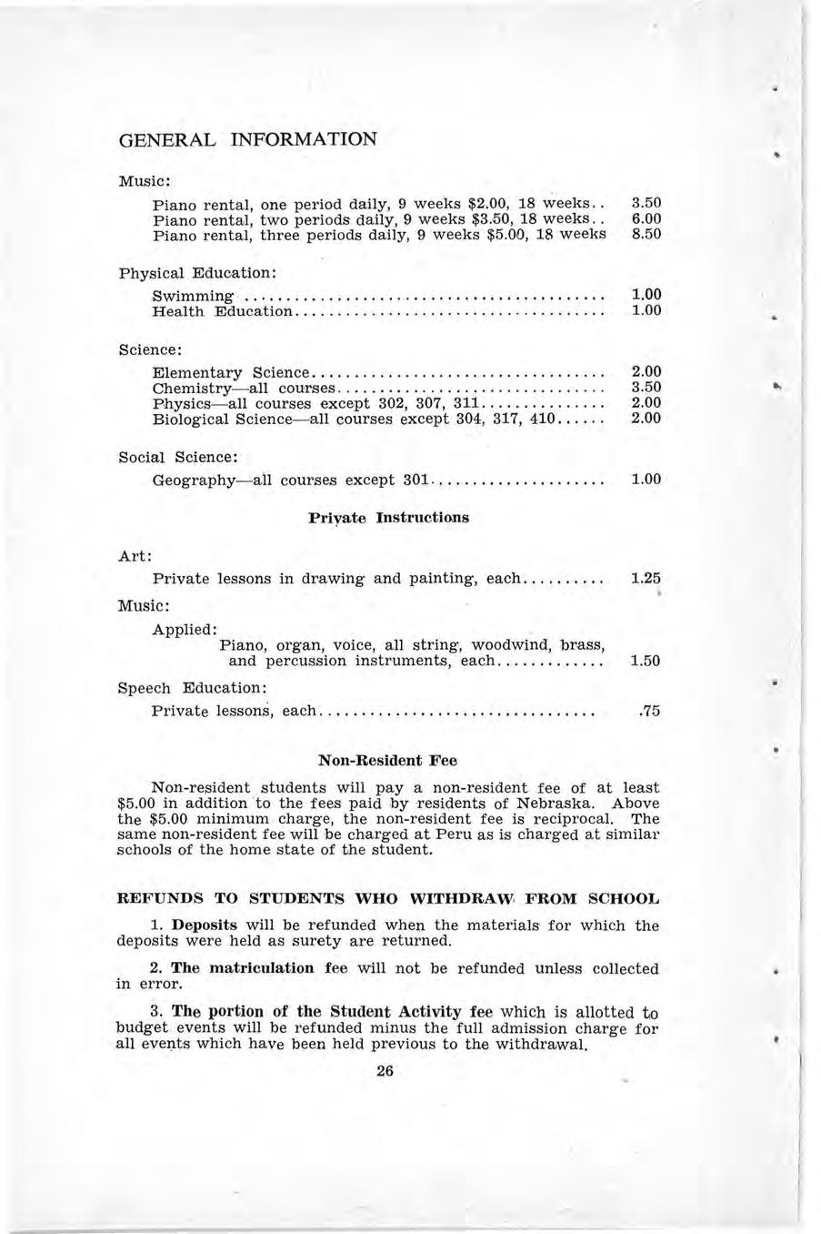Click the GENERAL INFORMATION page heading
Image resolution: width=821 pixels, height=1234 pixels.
coord(247,140)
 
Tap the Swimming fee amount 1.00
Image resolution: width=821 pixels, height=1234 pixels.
coord(645,295)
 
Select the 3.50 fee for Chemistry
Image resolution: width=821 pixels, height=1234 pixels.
coord(645,388)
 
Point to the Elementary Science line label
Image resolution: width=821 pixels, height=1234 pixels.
coord(232,372)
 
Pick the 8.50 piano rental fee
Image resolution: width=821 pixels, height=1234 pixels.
coord(645,234)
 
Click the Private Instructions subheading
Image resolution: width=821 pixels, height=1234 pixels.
coord(388,518)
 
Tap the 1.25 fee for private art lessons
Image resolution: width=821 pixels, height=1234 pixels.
coord(645,578)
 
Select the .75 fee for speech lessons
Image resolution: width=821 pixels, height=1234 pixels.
coord(648,711)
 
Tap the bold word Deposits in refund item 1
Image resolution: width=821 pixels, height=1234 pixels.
coord(205,925)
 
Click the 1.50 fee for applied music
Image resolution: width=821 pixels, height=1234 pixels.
coord(645,662)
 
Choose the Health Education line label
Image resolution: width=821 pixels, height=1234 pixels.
coord(223,311)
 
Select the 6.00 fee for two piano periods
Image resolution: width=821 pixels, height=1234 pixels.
coord(645,218)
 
